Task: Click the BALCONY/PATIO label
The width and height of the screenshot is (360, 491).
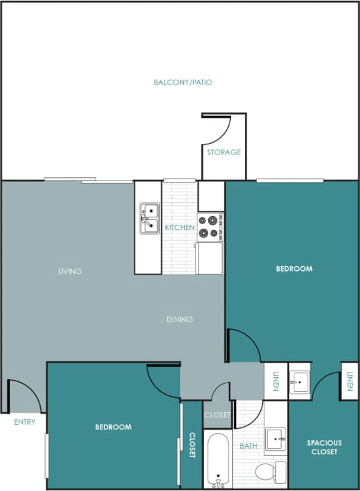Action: coord(183,82)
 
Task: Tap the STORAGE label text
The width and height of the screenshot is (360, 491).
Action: coord(223,152)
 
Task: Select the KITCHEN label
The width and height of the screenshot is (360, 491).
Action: coord(180,227)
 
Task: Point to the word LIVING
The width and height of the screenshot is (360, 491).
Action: coord(70,271)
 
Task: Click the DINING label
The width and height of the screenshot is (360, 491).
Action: coord(180,319)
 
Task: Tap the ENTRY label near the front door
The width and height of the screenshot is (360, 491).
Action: coord(25,422)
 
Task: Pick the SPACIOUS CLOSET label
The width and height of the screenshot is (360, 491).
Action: coord(325,447)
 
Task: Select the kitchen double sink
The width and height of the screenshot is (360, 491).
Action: coord(149,219)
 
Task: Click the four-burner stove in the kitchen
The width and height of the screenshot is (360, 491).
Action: coord(210,226)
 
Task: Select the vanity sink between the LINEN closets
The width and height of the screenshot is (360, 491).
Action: coord(298,383)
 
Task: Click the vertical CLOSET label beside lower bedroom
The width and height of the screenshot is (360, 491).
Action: coord(192,445)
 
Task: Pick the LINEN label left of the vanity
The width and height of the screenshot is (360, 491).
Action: coord(276,381)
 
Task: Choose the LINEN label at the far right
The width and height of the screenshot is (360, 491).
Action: coord(350,381)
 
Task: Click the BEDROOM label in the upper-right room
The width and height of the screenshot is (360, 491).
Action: coord(294,268)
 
